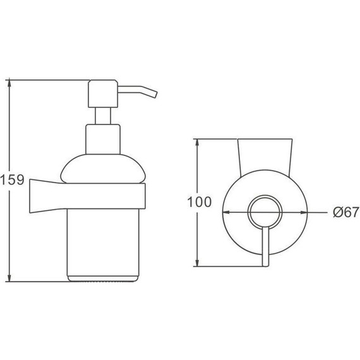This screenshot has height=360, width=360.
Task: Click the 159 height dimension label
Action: point(12,180)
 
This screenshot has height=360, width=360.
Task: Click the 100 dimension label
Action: point(200,202)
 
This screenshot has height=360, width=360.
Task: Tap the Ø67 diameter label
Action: point(346,212)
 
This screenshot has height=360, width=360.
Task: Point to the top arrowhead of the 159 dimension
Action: point(9,83)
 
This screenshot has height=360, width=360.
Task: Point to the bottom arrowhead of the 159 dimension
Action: point(9,279)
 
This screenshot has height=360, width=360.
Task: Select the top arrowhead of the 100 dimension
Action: point(197,142)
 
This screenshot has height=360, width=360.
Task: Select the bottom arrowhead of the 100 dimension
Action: point(197,263)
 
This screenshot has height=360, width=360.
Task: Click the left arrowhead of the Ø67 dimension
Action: point(226,213)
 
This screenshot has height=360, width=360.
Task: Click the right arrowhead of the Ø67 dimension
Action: point(304,213)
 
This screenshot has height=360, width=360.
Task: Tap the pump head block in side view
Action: point(103,93)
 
